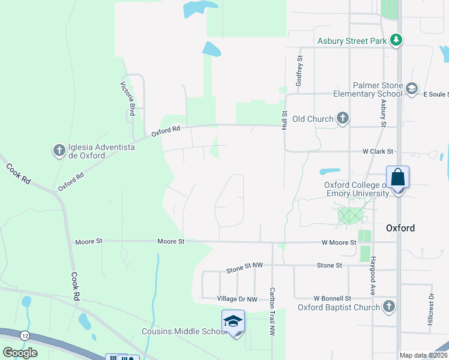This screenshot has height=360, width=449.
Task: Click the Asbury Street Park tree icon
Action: (396, 40)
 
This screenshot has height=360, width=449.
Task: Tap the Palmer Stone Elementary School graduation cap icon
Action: (411, 89)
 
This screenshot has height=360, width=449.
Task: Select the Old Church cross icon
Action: (342, 118)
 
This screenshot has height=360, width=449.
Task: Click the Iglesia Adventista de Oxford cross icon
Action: (59, 150)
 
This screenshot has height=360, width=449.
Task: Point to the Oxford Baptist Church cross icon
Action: (389, 307)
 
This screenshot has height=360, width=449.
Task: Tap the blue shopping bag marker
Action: (397, 178)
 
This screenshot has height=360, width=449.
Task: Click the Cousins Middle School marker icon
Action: (233, 322)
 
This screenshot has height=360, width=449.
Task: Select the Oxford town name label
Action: (400, 228)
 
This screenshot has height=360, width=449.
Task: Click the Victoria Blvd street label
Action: (128, 98)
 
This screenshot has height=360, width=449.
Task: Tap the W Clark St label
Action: (377, 152)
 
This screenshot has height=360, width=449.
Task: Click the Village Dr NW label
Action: (237, 299)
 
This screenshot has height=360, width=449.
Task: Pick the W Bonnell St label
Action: (332, 298)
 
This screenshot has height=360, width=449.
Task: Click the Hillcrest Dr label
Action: (430, 310)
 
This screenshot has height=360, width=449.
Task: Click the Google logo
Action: (20, 352)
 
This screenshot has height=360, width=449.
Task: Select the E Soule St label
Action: (435, 94)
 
